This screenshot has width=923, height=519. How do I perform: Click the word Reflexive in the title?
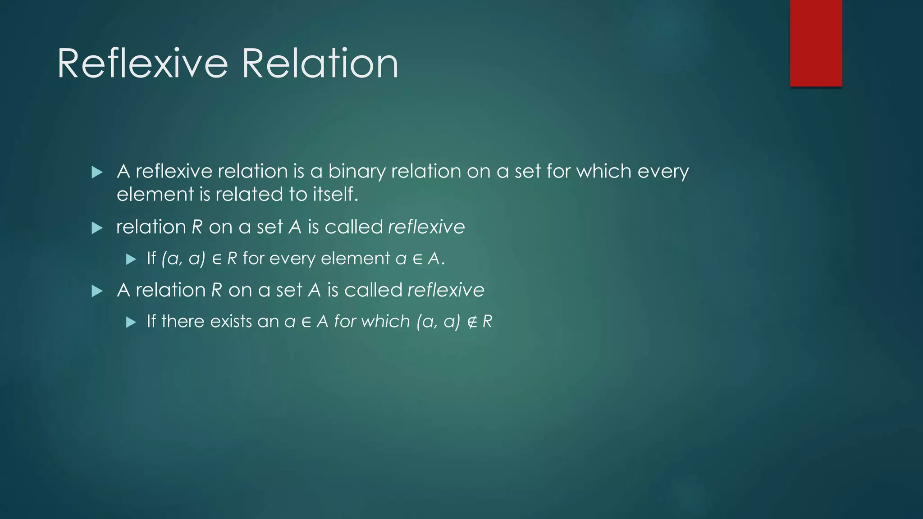[x=142, y=64]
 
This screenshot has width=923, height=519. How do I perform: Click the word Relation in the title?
[x=320, y=64]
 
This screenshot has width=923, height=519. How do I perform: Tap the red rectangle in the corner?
[x=816, y=43]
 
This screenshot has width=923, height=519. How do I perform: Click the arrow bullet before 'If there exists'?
[x=131, y=322]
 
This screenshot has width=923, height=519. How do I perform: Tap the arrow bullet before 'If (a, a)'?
[x=131, y=259]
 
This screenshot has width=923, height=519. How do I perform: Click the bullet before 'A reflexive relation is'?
[x=97, y=172]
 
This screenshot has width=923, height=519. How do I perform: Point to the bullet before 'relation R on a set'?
[x=97, y=228]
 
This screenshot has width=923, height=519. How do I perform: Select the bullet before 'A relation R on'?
[x=97, y=291]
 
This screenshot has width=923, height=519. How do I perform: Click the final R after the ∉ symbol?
[x=487, y=322]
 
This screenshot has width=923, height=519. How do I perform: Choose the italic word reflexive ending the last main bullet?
[x=446, y=290]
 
